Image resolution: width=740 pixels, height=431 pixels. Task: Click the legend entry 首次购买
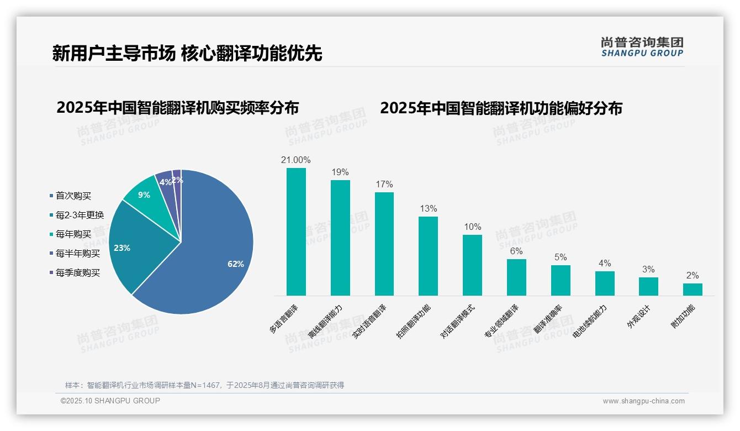tap(73, 196)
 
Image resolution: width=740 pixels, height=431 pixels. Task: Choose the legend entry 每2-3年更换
tap(80, 215)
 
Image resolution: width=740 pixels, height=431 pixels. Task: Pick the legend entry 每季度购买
tap(77, 272)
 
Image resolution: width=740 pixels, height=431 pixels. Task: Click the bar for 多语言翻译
tap(296, 232)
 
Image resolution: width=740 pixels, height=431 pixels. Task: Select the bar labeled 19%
tap(340, 238)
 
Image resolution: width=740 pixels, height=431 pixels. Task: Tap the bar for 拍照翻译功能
tap(428, 256)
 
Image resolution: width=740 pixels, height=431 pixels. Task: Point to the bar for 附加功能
tap(693, 290)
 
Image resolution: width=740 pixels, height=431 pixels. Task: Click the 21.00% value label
tap(296, 160)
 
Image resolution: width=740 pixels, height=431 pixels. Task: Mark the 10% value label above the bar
tap(472, 227)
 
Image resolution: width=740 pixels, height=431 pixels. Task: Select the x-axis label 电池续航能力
tap(590, 321)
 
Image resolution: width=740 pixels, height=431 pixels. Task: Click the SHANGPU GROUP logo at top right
tap(642, 47)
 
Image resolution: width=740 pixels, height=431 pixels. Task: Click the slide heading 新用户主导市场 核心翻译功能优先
tap(187, 54)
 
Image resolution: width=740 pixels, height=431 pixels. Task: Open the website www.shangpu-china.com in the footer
tap(643, 401)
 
